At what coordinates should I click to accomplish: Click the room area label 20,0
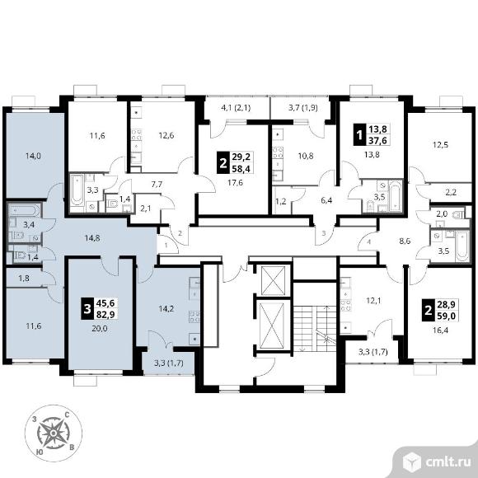click(x=100, y=329)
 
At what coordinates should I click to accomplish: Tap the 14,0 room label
click(x=33, y=156)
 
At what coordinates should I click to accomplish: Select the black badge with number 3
click(x=87, y=309)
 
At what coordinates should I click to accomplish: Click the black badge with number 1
click(x=359, y=134)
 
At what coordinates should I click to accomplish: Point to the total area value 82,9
click(x=105, y=314)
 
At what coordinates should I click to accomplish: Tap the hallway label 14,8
click(x=92, y=238)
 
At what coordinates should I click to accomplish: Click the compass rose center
click(x=54, y=433)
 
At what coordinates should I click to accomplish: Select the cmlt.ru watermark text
click(x=448, y=462)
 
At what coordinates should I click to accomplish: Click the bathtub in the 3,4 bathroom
click(x=24, y=211)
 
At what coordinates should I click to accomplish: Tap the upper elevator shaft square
click(x=273, y=280)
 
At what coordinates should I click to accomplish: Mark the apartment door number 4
click(x=369, y=242)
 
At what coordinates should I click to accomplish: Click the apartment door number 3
click(x=324, y=233)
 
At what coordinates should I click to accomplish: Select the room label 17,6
click(x=235, y=183)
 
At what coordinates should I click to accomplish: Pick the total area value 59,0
click(x=447, y=316)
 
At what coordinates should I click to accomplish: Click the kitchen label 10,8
click(x=306, y=156)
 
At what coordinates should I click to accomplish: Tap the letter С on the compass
click(x=67, y=415)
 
